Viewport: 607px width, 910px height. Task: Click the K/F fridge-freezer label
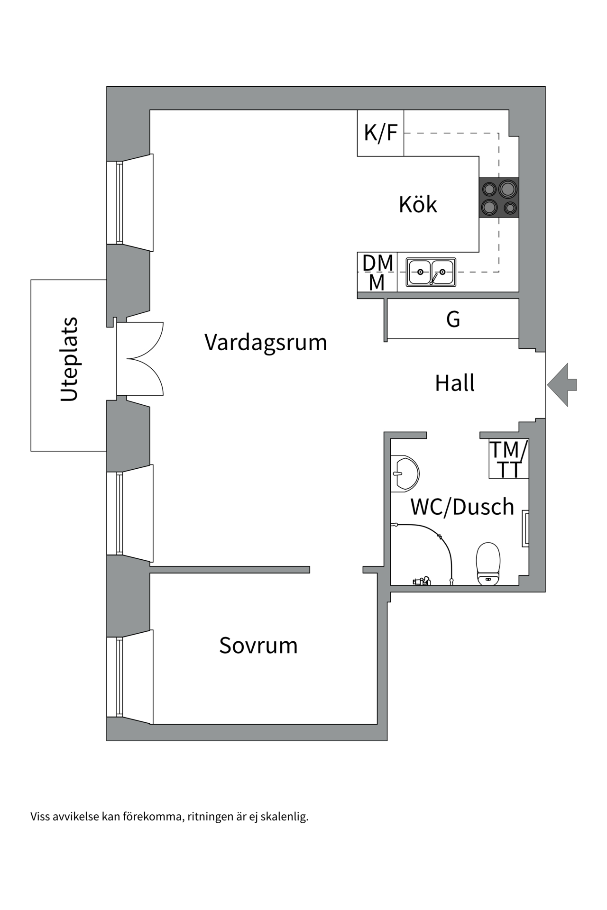pyautogui.click(x=380, y=133)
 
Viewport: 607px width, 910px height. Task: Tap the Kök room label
pyautogui.click(x=418, y=205)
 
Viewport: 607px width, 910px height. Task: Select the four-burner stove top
pyautogui.click(x=499, y=198)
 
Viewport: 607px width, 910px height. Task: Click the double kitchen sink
pyautogui.click(x=431, y=272)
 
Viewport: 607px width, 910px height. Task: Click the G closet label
pyautogui.click(x=453, y=319)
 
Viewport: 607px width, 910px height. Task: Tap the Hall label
pyautogui.click(x=455, y=383)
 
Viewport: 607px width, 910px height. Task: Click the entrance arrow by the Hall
pyautogui.click(x=562, y=385)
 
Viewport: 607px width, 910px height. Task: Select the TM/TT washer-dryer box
pyautogui.click(x=508, y=459)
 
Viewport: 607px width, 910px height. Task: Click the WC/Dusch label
pyautogui.click(x=462, y=507)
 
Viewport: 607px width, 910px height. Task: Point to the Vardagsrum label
pyautogui.click(x=266, y=342)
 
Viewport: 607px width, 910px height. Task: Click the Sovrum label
pyautogui.click(x=258, y=646)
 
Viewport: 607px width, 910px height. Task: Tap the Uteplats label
pyautogui.click(x=69, y=359)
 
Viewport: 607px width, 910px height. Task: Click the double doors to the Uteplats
pyautogui.click(x=140, y=359)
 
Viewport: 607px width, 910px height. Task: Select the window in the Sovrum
pyautogui.click(x=120, y=677)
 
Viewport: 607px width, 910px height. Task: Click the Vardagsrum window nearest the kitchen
pyautogui.click(x=120, y=202)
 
